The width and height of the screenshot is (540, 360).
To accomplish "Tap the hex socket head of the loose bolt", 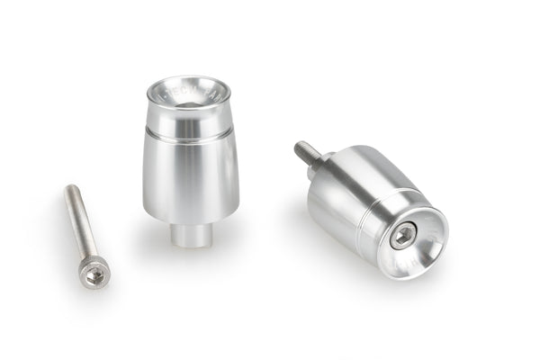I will (x=94, y=271).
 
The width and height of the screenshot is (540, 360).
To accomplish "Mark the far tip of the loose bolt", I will (x=70, y=189).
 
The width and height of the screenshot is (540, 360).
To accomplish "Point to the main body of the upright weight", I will (x=190, y=180).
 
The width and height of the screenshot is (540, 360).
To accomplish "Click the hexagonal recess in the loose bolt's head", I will (x=95, y=273).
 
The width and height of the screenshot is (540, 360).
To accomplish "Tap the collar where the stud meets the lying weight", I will (x=324, y=163).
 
